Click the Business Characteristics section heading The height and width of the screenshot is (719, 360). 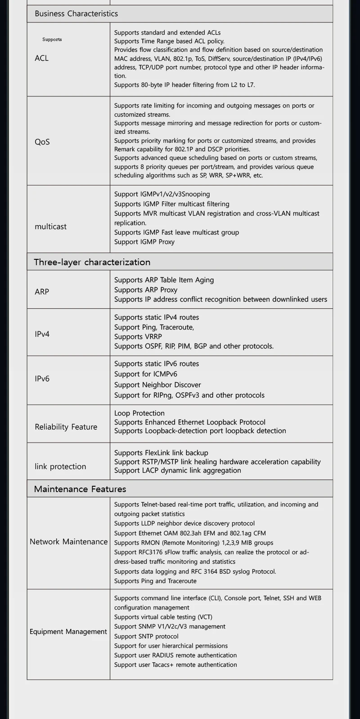[x=76, y=14]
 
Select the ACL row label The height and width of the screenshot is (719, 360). [x=41, y=58]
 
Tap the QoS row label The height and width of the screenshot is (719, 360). [x=42, y=142]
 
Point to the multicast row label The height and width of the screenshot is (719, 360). [x=50, y=226]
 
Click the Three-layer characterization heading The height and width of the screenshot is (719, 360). [x=92, y=262]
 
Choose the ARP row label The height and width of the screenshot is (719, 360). [x=42, y=292]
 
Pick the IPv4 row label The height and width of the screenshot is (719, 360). [x=42, y=334]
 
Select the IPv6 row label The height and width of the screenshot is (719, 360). [x=42, y=379]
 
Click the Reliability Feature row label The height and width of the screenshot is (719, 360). [x=66, y=427]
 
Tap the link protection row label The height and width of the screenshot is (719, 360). [x=60, y=466]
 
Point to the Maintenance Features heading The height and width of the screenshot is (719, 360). [x=80, y=489]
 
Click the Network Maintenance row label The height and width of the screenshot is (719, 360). [x=68, y=542]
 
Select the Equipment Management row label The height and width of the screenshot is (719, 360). [x=68, y=632]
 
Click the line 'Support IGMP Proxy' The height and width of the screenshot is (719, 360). [x=144, y=242]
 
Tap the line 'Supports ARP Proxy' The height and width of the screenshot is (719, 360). [x=146, y=290]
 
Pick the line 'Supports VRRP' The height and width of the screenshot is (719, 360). [x=138, y=337]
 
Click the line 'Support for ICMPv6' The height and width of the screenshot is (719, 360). [x=146, y=374]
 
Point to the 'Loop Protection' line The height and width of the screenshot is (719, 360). [x=139, y=413]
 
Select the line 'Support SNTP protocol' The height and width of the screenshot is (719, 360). [x=146, y=636]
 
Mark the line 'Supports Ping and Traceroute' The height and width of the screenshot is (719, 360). [x=155, y=581]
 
